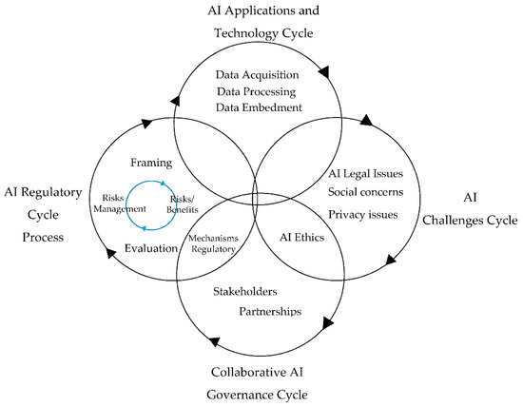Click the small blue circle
point(149,204)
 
